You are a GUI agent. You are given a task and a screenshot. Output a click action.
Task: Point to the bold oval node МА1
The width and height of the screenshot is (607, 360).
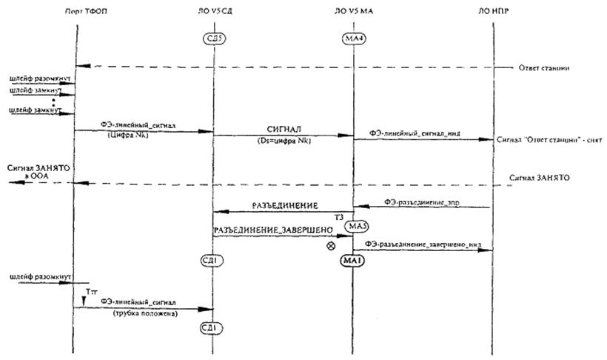click(x=352, y=261)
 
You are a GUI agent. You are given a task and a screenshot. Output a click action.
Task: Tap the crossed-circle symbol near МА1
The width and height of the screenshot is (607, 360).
click(x=331, y=245)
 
